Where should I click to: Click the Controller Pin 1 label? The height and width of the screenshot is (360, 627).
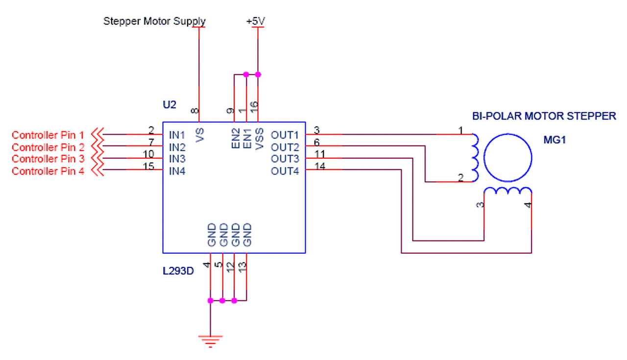[x=48, y=135]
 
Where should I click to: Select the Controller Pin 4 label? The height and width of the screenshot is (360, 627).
[x=48, y=171]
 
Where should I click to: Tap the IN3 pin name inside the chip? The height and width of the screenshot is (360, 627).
[x=177, y=159]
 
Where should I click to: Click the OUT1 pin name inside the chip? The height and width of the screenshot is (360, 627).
[x=285, y=135]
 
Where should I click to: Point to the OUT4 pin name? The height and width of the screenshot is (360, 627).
[x=285, y=171]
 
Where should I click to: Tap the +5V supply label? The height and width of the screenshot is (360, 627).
[x=257, y=22]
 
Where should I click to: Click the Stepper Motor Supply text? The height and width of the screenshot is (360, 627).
[x=154, y=22]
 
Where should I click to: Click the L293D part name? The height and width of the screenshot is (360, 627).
[x=178, y=271]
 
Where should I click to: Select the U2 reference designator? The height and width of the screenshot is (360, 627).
[x=169, y=104]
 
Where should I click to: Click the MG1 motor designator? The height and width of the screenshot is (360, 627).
[x=555, y=140]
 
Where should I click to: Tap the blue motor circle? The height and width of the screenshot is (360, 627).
[x=507, y=158]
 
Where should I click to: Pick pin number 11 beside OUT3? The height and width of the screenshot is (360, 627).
[x=320, y=154]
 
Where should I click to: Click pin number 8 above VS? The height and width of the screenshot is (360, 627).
[x=195, y=112]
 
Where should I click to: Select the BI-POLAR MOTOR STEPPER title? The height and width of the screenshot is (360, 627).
[x=544, y=116]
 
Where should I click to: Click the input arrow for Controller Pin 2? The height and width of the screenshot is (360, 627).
[x=98, y=146]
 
